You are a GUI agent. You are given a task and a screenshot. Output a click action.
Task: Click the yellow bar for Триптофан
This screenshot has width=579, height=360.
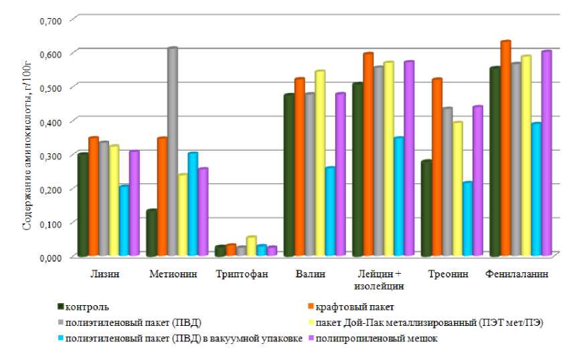pyautogui.click(x=252, y=246)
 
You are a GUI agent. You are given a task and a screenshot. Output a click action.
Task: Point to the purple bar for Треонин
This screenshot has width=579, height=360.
pyautogui.click(x=477, y=181)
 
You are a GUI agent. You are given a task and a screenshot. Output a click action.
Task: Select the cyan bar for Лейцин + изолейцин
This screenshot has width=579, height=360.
pyautogui.click(x=399, y=197)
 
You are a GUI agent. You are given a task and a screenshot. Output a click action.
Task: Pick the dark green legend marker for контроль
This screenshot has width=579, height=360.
pyautogui.click(x=61, y=307)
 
